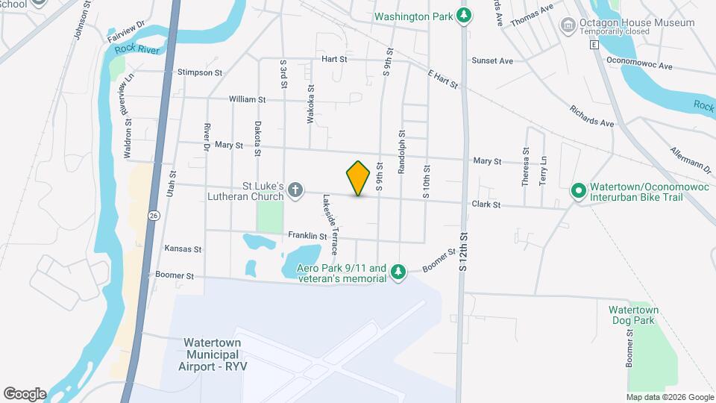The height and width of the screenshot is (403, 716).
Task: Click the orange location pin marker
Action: [x=358, y=178]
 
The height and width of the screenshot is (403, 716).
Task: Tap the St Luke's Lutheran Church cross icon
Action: [x=295, y=191]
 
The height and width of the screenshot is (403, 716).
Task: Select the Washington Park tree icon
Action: [x=464, y=15]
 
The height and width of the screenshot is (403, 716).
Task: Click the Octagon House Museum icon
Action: [x=568, y=26]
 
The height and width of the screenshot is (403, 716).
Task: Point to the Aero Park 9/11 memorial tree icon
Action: [x=399, y=272]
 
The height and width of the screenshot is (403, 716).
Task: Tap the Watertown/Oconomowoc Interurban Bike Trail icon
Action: [x=577, y=191]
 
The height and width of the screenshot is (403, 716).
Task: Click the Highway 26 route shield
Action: [x=153, y=215]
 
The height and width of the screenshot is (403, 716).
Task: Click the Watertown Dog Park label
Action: [x=631, y=314]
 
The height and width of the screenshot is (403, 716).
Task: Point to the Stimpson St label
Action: [x=200, y=73]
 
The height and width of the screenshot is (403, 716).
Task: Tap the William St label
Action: [x=247, y=99]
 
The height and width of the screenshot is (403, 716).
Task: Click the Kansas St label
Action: [x=183, y=249]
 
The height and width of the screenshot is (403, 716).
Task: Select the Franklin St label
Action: [x=307, y=236]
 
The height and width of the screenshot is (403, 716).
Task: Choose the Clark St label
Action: [x=485, y=204]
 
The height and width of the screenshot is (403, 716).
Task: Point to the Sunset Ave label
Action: [x=492, y=60]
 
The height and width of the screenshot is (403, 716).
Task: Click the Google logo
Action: [x=25, y=393]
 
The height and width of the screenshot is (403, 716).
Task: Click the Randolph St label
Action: [x=401, y=157]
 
